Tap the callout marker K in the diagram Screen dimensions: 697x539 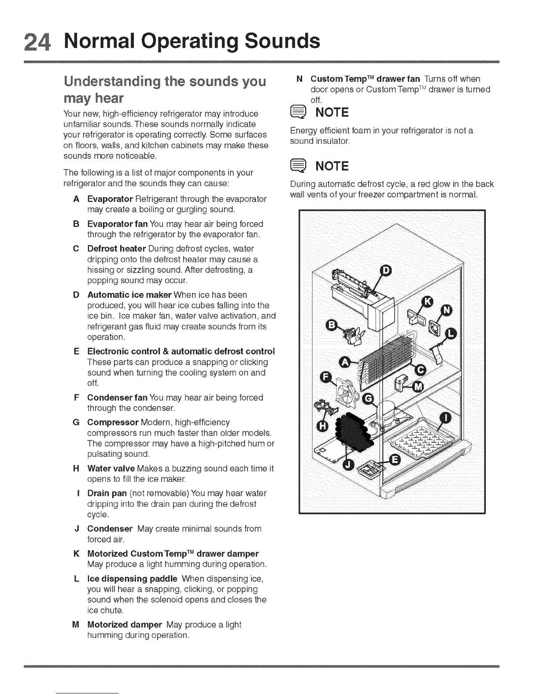pos(427,302)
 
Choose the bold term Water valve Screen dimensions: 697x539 pos(111,468)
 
